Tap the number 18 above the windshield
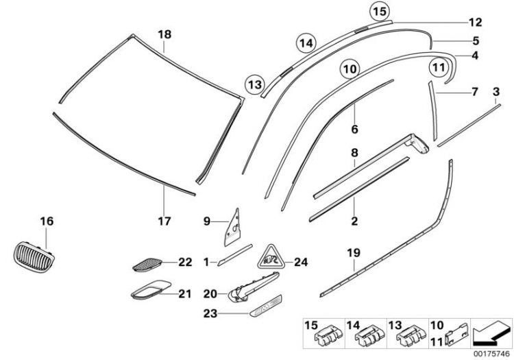point(164,34)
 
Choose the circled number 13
point(255,84)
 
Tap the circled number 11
point(437,67)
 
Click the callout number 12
point(476,22)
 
